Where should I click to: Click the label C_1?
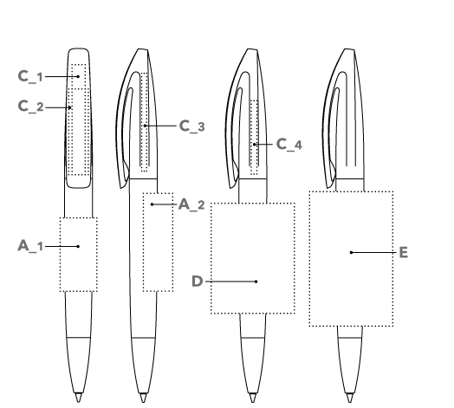[30, 77]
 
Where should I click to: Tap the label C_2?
[30, 107]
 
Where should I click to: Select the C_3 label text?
[192, 126]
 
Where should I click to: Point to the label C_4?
[289, 144]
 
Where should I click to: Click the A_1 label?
[30, 246]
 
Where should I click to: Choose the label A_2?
[191, 204]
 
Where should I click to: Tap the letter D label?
[198, 282]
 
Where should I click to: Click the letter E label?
[404, 252]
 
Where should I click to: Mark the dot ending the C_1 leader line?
[78, 76]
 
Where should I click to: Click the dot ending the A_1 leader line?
[78, 246]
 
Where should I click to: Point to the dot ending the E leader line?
[351, 252]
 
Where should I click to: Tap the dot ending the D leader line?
[256, 282]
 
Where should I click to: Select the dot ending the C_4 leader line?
[254, 144]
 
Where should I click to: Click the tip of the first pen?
[79, 402]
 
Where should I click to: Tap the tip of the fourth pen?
[350, 402]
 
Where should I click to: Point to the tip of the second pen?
[143, 402]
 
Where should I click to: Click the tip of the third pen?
[252, 402]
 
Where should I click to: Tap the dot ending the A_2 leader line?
[152, 204]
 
